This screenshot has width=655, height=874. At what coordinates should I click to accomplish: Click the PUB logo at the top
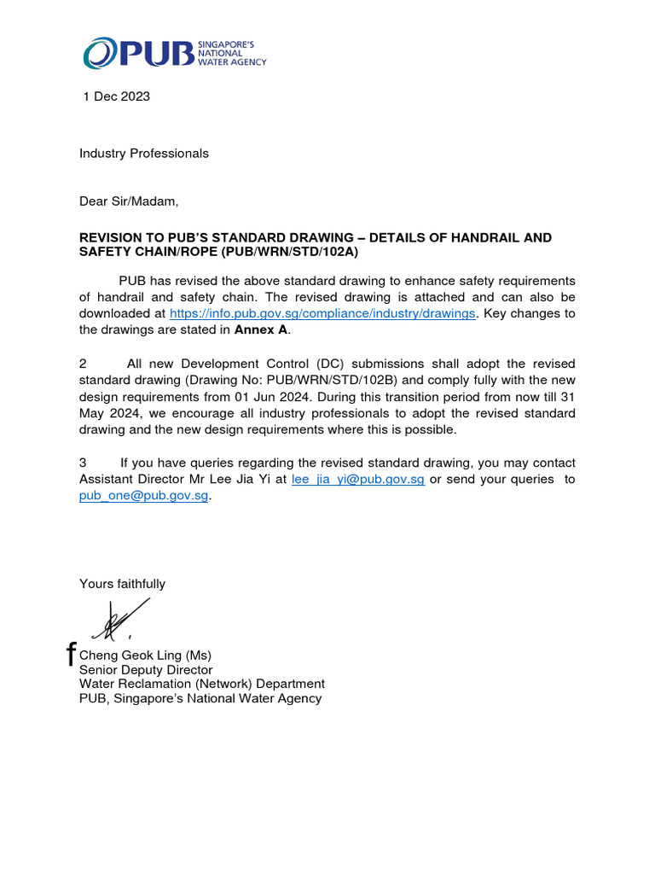[174, 53]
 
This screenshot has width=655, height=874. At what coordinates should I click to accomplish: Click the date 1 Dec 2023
[116, 96]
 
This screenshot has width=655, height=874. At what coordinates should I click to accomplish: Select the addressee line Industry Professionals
[143, 154]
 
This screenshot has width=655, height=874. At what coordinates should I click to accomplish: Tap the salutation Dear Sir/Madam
[130, 201]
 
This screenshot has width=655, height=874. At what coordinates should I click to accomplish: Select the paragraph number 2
[84, 364]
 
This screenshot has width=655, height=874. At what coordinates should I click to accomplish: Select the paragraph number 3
[84, 463]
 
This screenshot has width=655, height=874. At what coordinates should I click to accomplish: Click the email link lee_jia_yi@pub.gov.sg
[357, 479]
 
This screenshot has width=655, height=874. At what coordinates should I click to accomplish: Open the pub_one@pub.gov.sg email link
[143, 496]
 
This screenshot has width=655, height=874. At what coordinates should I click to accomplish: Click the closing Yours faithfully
[122, 584]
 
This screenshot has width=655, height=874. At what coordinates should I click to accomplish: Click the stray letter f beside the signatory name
[72, 655]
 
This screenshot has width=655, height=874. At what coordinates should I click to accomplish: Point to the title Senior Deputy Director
[146, 670]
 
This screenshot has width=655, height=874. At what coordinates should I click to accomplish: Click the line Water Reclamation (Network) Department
[201, 684]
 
